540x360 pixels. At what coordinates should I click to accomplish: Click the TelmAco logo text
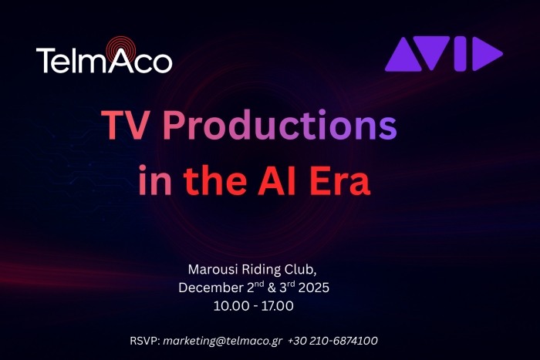click(x=104, y=59)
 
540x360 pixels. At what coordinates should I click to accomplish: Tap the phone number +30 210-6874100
click(x=332, y=340)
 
